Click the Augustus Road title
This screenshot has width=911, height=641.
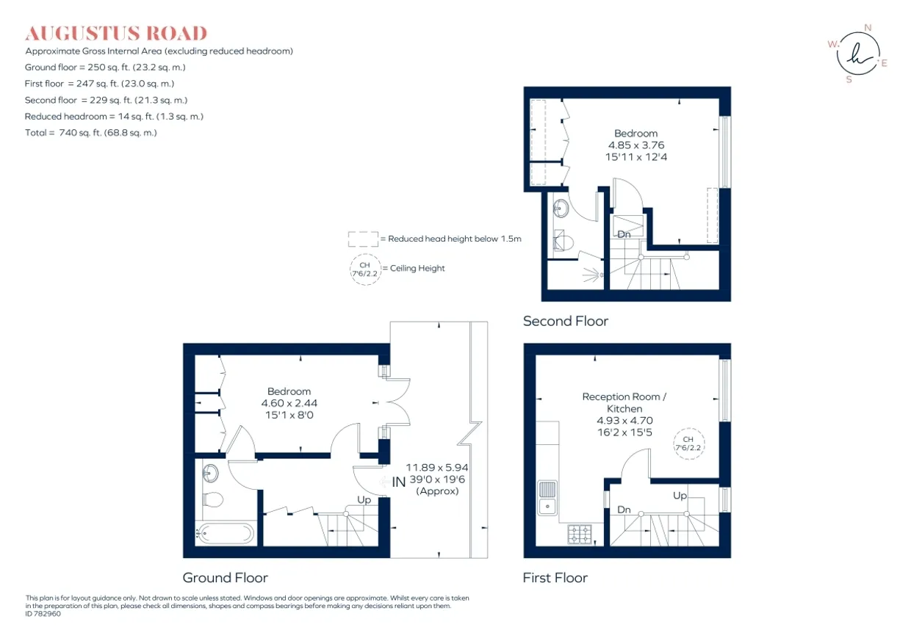pos(116,33)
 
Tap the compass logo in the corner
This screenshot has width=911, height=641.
pos(858,54)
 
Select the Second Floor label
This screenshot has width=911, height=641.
pos(566,321)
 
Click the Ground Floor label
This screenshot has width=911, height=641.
pos(226,578)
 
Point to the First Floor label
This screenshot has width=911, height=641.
pos(555,578)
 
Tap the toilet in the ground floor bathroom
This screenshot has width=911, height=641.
pos(213,499)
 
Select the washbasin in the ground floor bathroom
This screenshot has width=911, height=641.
pos(210,474)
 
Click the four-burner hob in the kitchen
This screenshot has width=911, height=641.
pos(580,534)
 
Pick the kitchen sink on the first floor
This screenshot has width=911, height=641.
pos(547,498)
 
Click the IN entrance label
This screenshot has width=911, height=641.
pos(398,482)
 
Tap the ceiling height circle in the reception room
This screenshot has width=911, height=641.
pos(688,443)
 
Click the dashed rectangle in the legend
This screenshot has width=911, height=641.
pos(363,239)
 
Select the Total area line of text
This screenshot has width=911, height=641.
pos(90,132)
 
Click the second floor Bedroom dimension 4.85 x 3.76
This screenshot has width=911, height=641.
pos(636,145)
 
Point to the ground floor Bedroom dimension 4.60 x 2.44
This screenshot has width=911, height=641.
pos(289,403)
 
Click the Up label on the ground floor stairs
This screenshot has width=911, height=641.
pos(364,499)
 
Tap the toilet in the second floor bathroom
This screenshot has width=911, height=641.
pos(563,242)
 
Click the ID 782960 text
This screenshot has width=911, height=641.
pos(43,614)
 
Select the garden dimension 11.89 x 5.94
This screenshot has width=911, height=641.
pos(437,468)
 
